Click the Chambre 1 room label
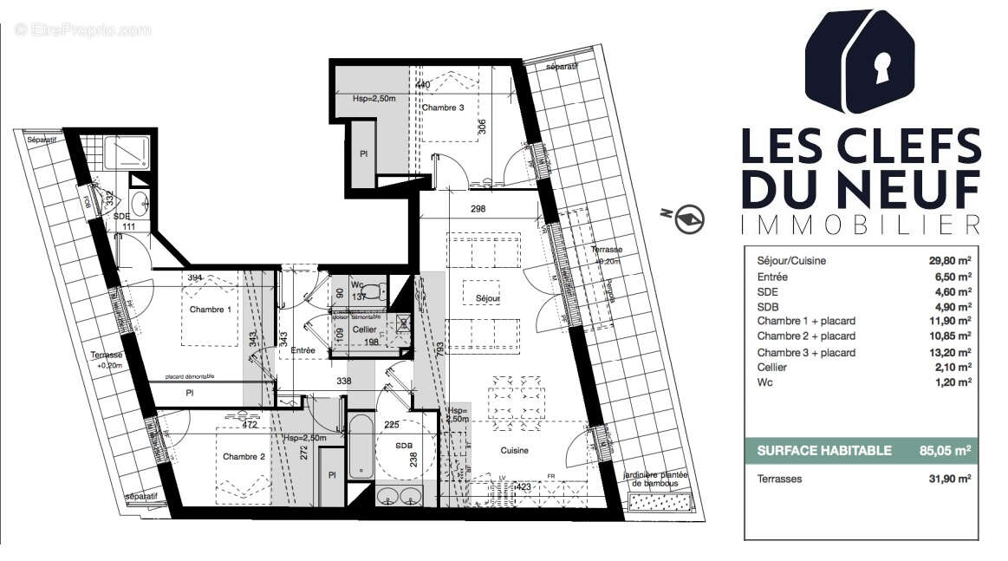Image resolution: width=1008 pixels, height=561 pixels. [211, 310]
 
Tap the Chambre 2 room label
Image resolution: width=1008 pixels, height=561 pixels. [244, 456]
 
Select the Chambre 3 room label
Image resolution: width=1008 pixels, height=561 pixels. [443, 108]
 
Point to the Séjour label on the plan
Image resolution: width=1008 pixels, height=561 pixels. [489, 297]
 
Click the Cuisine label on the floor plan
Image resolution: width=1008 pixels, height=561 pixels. [513, 450]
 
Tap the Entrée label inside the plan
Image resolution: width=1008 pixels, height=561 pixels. [302, 349]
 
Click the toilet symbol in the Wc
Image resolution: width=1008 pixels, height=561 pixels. [371, 289]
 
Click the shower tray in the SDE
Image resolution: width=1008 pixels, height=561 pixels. [127, 153]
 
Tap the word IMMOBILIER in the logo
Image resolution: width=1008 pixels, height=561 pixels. [861, 225]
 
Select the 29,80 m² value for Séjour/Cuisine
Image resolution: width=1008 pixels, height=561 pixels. [949, 260]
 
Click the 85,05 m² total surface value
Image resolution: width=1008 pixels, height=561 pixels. [944, 450]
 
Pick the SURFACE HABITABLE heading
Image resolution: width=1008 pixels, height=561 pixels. [823, 450]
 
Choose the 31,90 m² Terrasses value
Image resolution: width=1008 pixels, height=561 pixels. [949, 479]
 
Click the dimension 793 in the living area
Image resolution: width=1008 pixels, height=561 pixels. [441, 350]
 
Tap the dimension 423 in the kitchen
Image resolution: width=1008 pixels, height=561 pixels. [523, 487]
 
